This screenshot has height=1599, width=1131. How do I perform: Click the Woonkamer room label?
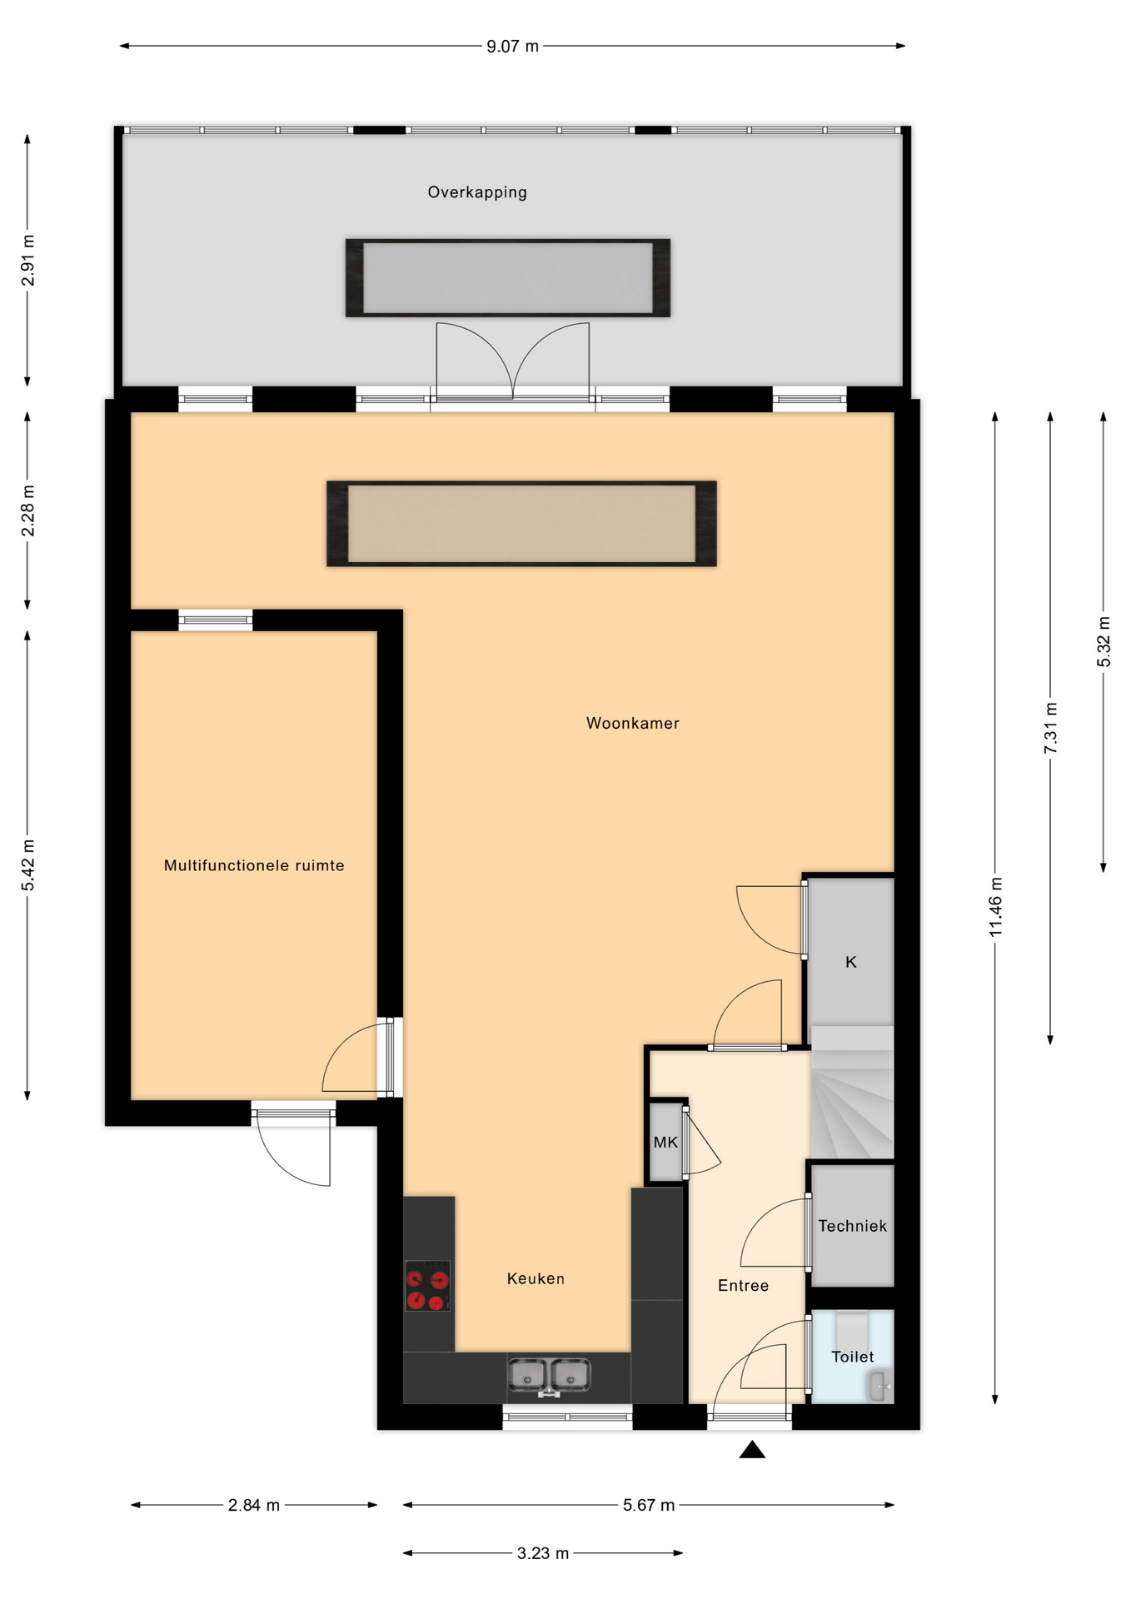(632, 723)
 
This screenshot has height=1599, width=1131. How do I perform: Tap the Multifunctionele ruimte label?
(254, 865)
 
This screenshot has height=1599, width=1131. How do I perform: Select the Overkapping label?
(477, 192)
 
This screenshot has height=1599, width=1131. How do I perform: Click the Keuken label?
(536, 1278)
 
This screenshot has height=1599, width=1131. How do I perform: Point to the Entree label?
(743, 1285)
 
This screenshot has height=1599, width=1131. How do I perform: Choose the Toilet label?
(853, 1357)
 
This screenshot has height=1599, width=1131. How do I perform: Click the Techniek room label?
(852, 1226)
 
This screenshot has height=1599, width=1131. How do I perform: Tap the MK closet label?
(665, 1142)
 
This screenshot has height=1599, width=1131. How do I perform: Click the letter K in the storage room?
(851, 962)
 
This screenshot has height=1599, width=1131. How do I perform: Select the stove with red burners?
(427, 1286)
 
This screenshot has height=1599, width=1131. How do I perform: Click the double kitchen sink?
(549, 1376)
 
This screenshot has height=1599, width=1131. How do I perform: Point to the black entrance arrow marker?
(752, 1450)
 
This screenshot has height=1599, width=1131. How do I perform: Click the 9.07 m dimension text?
(512, 47)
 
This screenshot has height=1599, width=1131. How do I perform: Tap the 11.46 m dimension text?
(996, 907)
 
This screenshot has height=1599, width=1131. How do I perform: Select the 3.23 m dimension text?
(543, 1553)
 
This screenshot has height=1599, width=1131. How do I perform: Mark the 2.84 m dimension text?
(254, 1505)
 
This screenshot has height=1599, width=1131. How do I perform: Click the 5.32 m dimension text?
(1104, 641)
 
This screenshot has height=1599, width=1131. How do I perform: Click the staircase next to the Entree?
(852, 1092)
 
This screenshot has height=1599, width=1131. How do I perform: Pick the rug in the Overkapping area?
(508, 278)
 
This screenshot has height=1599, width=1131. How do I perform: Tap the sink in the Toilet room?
(879, 1387)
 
